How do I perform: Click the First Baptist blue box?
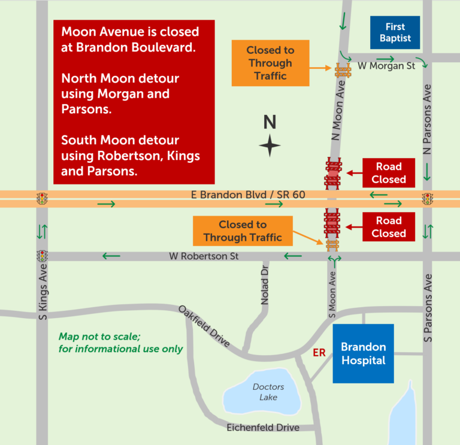(395, 33)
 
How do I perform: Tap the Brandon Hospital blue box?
(363, 353)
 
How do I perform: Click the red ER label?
(319, 353)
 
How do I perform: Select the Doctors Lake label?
(268, 392)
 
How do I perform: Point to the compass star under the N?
(270, 146)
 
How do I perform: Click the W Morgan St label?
(386, 66)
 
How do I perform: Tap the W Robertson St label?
(204, 256)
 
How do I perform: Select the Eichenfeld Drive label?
(263, 427)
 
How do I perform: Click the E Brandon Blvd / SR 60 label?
(230, 195)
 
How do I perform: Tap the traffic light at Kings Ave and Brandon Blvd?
(42, 199)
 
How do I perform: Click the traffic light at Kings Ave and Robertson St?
(42, 256)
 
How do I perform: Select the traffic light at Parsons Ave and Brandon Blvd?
(427, 199)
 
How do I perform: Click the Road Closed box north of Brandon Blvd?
(389, 173)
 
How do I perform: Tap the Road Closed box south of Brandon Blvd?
(389, 227)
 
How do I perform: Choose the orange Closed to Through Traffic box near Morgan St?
(270, 63)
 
